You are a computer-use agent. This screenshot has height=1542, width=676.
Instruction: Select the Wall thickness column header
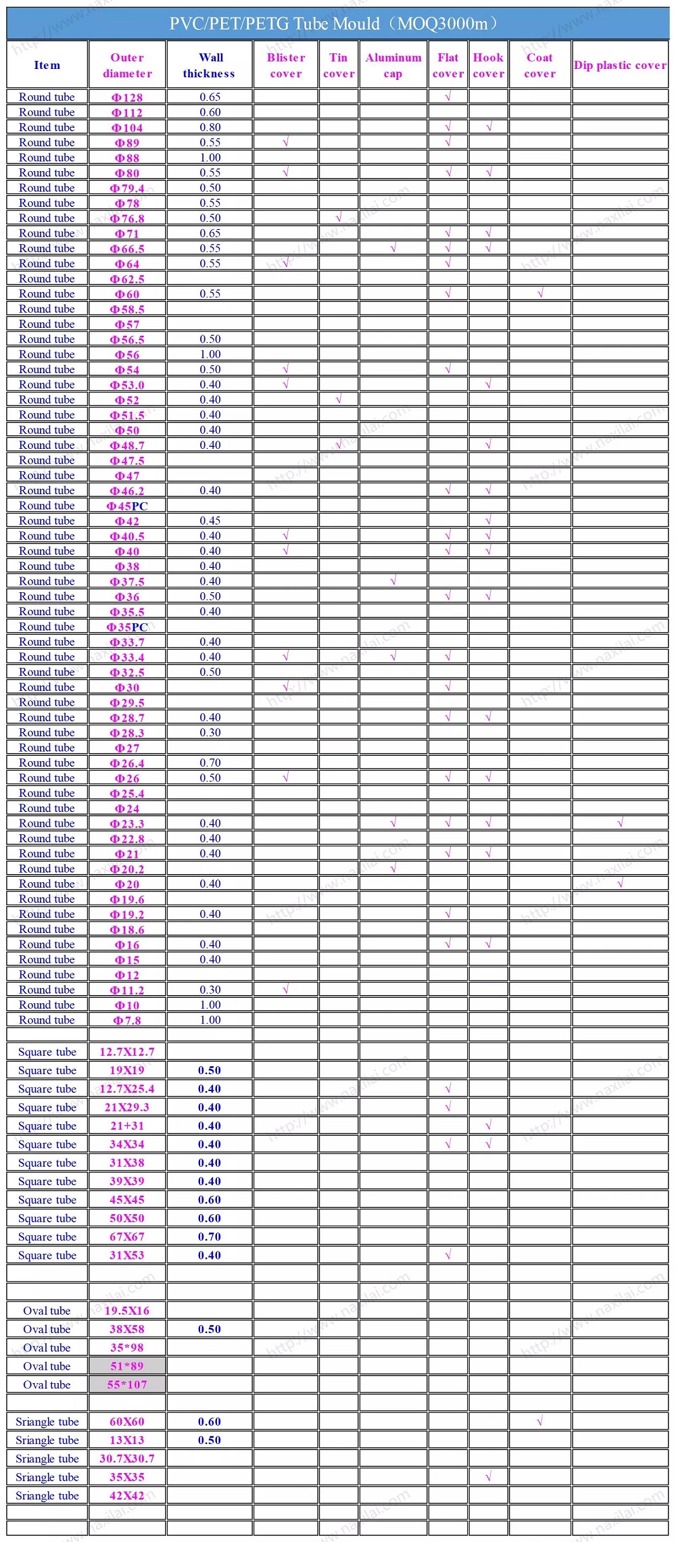click(210, 66)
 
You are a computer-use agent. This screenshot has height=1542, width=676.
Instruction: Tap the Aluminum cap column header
click(393, 66)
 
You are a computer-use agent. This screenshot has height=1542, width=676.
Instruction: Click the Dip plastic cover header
click(620, 66)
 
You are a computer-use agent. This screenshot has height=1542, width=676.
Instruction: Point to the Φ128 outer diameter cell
click(127, 97)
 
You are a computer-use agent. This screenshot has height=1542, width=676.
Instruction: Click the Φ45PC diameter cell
click(127, 506)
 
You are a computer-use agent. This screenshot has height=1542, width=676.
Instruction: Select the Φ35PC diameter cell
click(127, 627)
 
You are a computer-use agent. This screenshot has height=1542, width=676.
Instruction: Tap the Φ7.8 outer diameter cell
click(127, 1021)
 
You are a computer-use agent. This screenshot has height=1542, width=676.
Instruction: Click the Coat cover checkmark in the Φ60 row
click(540, 293)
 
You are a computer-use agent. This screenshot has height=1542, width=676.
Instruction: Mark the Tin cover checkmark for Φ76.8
click(339, 218)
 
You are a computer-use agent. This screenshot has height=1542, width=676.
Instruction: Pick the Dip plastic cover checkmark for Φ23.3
click(620, 823)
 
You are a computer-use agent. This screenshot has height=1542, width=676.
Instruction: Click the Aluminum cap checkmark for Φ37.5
click(393, 581)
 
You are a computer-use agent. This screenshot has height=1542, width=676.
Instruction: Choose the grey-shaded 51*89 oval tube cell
click(127, 1366)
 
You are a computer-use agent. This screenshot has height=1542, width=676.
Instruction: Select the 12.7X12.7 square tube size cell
click(127, 1052)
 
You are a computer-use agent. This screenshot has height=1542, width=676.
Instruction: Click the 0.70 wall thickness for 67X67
click(210, 1237)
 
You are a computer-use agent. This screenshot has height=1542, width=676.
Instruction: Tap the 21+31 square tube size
click(127, 1126)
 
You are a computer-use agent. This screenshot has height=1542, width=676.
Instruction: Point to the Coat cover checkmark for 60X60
click(539, 1422)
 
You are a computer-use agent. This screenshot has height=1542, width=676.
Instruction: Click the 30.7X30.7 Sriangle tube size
click(127, 1459)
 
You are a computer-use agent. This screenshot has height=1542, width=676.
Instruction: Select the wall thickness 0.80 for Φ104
click(210, 127)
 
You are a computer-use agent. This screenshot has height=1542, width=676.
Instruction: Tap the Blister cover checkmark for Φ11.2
click(285, 990)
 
